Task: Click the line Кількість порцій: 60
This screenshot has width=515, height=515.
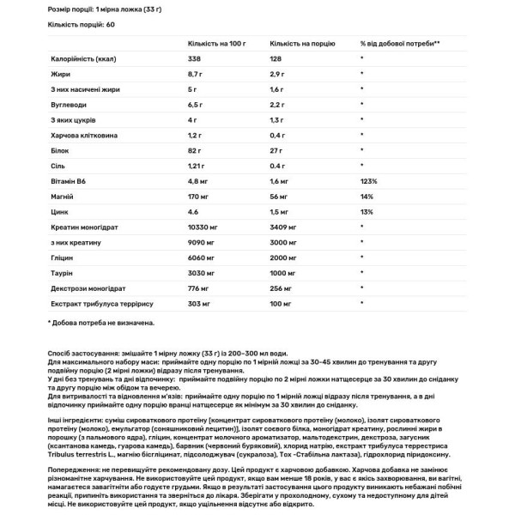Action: pos(82,24)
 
